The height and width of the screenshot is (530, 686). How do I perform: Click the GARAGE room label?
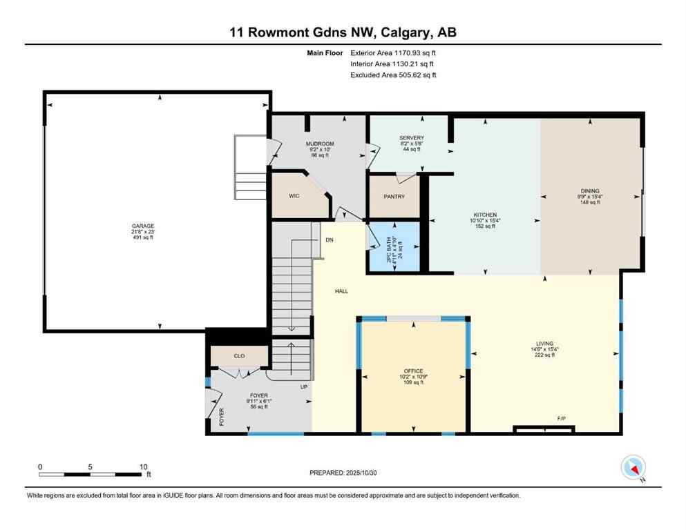pyautogui.click(x=144, y=226)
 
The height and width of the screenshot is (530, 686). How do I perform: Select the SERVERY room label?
pyautogui.click(x=411, y=138)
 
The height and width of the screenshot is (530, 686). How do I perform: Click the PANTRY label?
pyautogui.click(x=394, y=197)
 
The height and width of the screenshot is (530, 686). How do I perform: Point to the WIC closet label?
pyautogui.click(x=294, y=196)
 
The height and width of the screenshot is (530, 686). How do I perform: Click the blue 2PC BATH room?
pyautogui.click(x=394, y=247)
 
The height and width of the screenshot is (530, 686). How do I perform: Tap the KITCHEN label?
pyautogui.click(x=484, y=215)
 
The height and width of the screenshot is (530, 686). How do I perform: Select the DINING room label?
pyautogui.click(x=590, y=191)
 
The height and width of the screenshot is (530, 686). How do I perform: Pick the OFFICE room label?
pyautogui.click(x=414, y=371)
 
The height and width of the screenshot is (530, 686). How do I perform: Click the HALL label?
pyautogui.click(x=341, y=291)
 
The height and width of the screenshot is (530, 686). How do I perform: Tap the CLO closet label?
pyautogui.click(x=239, y=356)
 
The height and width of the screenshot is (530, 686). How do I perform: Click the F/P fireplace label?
pyautogui.click(x=562, y=419)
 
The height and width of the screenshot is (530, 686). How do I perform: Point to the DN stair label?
pyautogui.click(x=330, y=239)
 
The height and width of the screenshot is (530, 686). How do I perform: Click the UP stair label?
pyautogui.click(x=303, y=386)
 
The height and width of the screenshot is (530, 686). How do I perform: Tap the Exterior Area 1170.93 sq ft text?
pyautogui.click(x=392, y=52)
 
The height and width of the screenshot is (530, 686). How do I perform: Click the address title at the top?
pyautogui.click(x=343, y=32)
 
